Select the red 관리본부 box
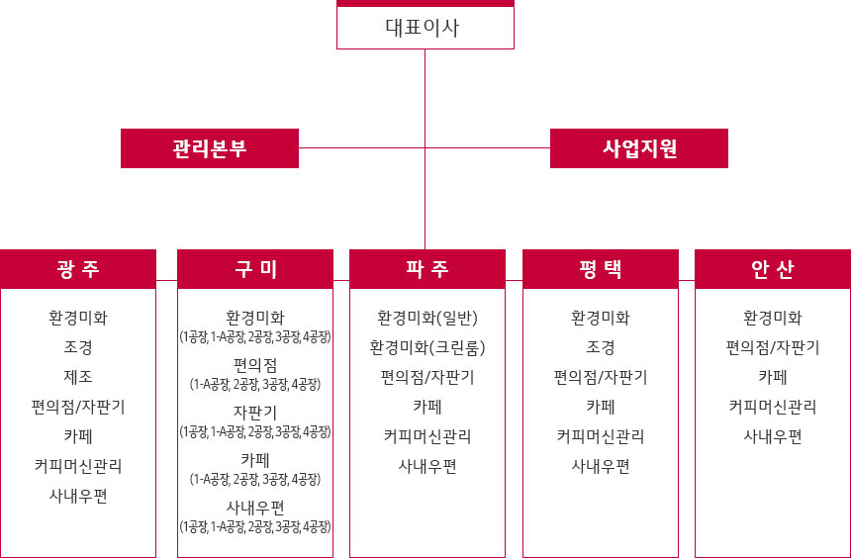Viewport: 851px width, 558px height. coord(210,148)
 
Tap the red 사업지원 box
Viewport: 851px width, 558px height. coord(639,148)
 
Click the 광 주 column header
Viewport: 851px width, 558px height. coord(78,269)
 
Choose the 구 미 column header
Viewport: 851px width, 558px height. coord(255,269)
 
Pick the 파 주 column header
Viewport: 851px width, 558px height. coord(427,269)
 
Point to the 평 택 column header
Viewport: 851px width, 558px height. coord(601,269)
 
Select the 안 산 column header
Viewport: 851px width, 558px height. coord(773,269)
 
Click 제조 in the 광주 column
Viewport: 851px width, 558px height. coord(78,377)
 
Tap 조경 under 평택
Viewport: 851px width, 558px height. coord(601,347)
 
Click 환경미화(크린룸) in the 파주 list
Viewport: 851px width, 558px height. coord(427,347)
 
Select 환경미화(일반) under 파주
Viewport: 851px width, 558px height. coord(427,318)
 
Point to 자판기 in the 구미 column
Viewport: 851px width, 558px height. coord(255,413)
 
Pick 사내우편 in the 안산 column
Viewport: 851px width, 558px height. coord(773,436)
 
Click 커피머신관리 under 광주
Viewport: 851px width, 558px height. coord(78,466)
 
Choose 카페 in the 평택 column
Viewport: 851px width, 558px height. coord(601,407)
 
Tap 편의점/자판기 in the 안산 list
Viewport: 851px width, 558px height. coord(773,347)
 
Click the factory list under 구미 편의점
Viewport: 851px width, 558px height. coord(255,385)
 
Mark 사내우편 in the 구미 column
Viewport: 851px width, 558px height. coord(255,508)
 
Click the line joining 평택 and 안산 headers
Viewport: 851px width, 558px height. coord(687,281)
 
